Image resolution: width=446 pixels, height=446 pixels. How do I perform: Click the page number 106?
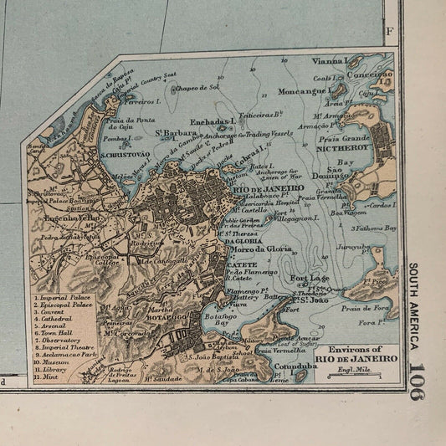(416, 381)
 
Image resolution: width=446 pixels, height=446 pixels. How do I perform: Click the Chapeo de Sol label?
(196, 87)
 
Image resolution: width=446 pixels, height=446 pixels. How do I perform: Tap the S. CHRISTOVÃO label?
(125, 154)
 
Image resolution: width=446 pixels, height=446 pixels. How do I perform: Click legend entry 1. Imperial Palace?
(60, 298)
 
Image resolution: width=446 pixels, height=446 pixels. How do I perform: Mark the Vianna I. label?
(331, 60)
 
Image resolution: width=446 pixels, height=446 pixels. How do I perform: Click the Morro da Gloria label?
(260, 249)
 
